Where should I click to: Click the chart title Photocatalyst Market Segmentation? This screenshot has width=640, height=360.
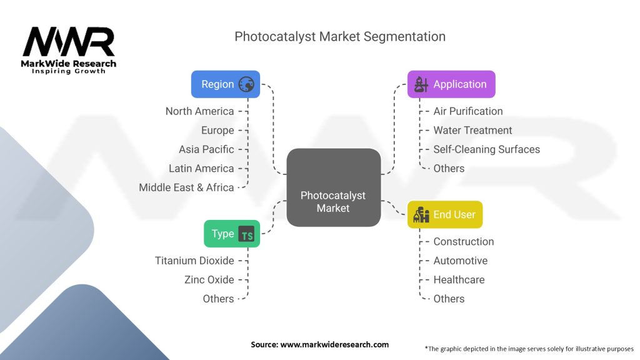[340, 36]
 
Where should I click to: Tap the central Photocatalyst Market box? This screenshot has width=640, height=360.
[333, 187]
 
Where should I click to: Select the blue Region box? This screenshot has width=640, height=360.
[226, 84]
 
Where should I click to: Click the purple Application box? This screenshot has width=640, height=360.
[451, 84]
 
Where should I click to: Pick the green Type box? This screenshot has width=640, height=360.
[231, 234]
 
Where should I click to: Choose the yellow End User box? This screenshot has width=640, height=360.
[445, 214]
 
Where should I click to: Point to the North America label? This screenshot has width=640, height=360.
[199, 111]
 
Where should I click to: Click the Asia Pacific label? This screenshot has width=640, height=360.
[206, 149]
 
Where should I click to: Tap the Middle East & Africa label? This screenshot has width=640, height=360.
[186, 187]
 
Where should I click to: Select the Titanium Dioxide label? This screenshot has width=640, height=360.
[194, 261]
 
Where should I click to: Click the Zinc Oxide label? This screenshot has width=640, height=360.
[209, 279]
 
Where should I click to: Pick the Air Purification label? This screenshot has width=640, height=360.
[467, 111]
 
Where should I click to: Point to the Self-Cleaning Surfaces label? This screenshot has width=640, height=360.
[486, 149]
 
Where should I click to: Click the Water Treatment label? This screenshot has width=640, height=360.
[472, 130]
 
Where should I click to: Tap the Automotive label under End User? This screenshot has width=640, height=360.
[460, 261]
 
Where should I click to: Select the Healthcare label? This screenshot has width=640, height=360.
[459, 279]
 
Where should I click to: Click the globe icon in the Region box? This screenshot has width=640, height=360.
[246, 84]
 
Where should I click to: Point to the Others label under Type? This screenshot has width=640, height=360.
[218, 299]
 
